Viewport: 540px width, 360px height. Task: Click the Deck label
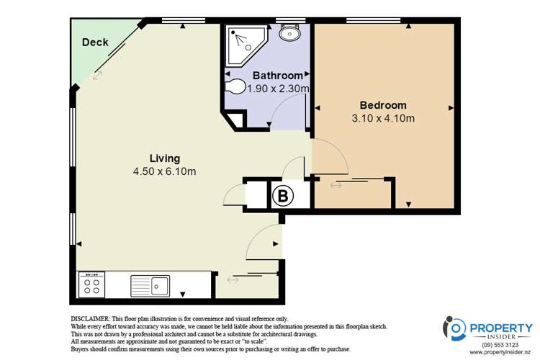pyautogui.click(x=95, y=42)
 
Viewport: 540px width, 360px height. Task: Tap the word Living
pyautogui.click(x=164, y=158)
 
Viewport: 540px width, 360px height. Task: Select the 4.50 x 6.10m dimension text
pyautogui.click(x=164, y=171)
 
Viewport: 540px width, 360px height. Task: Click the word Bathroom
pyautogui.click(x=277, y=76)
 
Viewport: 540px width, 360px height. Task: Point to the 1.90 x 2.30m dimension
pyautogui.click(x=278, y=89)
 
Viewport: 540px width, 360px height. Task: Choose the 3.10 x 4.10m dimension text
pyautogui.click(x=382, y=118)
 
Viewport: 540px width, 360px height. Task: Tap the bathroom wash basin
pyautogui.click(x=291, y=33)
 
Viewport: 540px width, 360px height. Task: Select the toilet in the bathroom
pyautogui.click(x=235, y=86)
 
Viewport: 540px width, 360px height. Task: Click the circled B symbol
pyautogui.click(x=282, y=194)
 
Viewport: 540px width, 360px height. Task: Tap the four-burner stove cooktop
pyautogui.click(x=92, y=285)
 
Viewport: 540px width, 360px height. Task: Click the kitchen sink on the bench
pyautogui.click(x=149, y=286)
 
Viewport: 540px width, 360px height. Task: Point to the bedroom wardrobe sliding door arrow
pyautogui.click(x=336, y=186)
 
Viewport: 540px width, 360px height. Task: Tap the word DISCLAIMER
pyautogui.click(x=90, y=318)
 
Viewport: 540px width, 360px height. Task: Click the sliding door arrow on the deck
pyautogui.click(x=96, y=74)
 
